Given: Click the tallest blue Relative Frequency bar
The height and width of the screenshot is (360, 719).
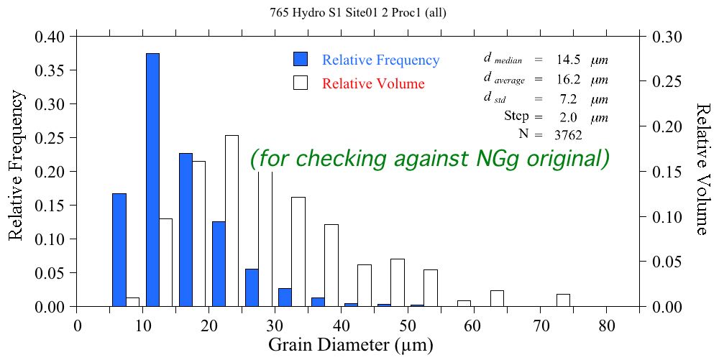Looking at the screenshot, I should [x=152, y=180].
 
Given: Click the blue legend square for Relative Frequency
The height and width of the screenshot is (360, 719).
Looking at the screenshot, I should [x=301, y=60].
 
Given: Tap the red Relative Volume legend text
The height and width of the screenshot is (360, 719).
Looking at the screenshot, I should [x=373, y=83].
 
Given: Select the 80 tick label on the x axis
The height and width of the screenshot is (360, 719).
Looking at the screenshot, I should [x=607, y=324].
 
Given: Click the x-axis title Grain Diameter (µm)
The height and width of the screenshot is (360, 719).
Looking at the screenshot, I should [x=351, y=345].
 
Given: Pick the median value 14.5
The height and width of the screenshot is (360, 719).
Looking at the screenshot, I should [x=567, y=60].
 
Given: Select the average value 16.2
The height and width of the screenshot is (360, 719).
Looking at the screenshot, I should [x=567, y=79].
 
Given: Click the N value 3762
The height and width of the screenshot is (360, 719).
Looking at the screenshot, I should [x=567, y=134].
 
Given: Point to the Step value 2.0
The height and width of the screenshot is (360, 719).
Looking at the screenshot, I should [x=567, y=116].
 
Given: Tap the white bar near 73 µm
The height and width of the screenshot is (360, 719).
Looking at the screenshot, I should [x=563, y=300].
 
